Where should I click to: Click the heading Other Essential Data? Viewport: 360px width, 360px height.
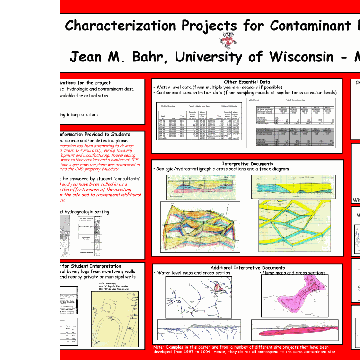tap(247, 82)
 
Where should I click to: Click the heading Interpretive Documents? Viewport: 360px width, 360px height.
tap(247, 163)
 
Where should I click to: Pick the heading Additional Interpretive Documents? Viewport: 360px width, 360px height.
tap(247, 268)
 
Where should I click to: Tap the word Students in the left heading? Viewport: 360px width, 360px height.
tap(117, 134)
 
